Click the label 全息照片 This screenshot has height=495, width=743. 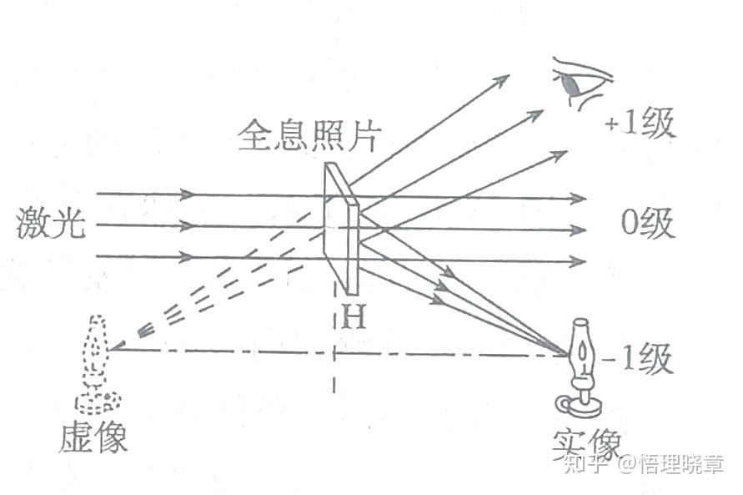(303, 136)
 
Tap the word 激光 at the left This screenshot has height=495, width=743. (50, 225)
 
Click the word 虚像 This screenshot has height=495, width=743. (93, 437)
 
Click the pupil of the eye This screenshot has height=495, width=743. (571, 84)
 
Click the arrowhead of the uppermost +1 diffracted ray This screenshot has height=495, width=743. (502, 79)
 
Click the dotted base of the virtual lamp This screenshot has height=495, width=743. (98, 402)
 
